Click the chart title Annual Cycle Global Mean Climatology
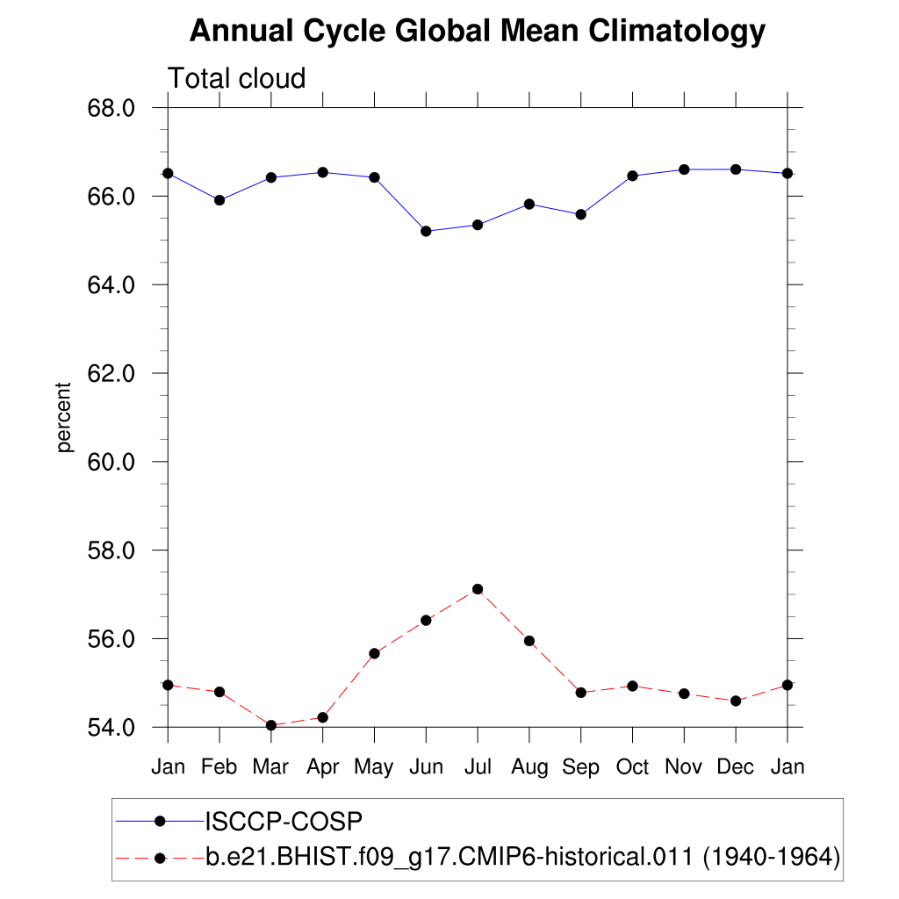coord(478,32)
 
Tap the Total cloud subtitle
coord(236,78)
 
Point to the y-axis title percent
coord(63,417)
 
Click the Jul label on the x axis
coord(478,766)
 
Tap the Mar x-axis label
coord(270,766)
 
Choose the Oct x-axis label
coord(632,766)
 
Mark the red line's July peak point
coord(478,589)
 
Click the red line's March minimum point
coord(271,725)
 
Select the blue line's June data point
coord(426,231)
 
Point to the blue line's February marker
coord(219,200)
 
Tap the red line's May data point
coord(374,653)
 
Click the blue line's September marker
coord(580,214)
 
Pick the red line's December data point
coord(736,701)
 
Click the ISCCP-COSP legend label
coord(284,821)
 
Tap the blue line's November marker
coord(684,169)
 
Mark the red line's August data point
coord(529,641)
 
